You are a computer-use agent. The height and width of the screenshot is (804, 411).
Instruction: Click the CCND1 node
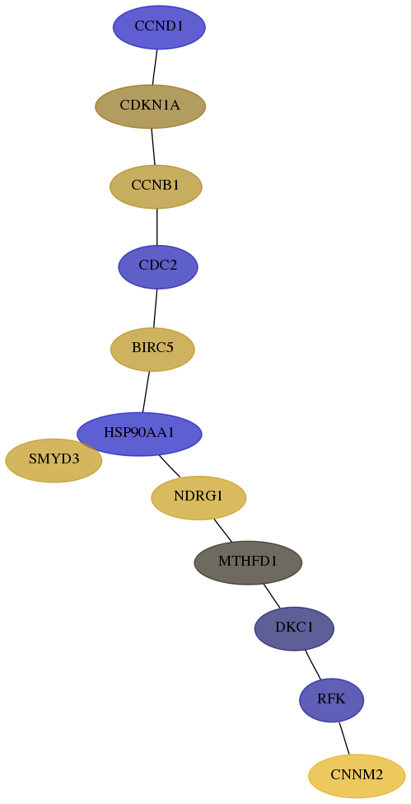(x=159, y=27)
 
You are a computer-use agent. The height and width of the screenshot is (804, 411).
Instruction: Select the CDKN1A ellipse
(x=150, y=106)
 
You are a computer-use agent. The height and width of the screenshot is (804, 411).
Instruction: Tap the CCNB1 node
(x=156, y=186)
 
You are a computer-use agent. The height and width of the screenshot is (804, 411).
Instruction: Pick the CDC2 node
(x=158, y=266)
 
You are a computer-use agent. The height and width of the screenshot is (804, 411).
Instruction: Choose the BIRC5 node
(x=152, y=349)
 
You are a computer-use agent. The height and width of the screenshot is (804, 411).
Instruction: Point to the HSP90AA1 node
(x=139, y=434)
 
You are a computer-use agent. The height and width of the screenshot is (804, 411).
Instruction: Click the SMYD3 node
(x=54, y=460)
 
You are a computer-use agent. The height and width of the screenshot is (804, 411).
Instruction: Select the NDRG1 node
(x=198, y=497)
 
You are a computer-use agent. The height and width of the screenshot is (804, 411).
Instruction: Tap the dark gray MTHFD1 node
(x=248, y=562)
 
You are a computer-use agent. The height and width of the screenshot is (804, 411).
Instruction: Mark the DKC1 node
(x=294, y=628)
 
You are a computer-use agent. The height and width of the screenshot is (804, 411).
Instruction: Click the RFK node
(x=332, y=699)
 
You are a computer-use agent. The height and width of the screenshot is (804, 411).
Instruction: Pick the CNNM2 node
(x=357, y=776)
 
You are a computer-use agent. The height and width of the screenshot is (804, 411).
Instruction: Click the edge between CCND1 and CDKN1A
(x=155, y=67)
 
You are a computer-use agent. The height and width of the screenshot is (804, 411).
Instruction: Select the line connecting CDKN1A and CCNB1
(x=152, y=147)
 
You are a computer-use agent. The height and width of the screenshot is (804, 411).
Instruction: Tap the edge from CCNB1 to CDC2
(x=156, y=227)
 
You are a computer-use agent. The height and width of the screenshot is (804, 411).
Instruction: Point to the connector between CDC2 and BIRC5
(x=156, y=308)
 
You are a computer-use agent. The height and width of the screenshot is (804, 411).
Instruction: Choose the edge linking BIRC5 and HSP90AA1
(x=146, y=391)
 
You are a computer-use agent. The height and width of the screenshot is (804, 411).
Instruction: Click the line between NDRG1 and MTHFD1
(x=223, y=530)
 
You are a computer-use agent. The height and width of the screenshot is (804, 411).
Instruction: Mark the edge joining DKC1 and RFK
(x=313, y=665)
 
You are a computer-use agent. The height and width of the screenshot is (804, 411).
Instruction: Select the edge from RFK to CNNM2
(x=343, y=738)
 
